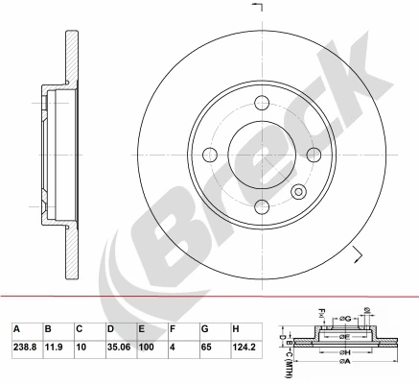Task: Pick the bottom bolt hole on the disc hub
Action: pos(262,204)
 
